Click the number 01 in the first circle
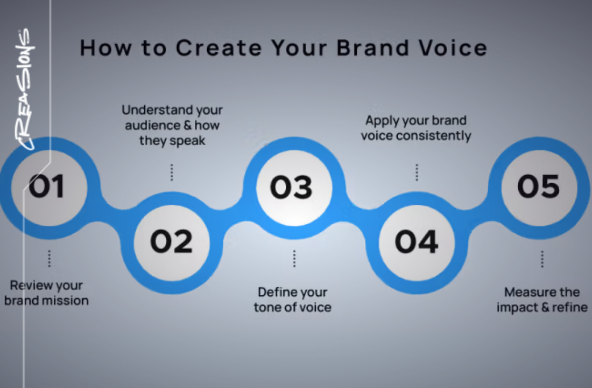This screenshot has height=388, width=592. (46, 186)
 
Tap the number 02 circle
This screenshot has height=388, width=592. (171, 241)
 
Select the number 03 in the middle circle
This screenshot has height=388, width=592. (291, 187)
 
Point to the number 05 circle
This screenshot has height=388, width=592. (538, 186)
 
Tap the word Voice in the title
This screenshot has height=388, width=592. (455, 48)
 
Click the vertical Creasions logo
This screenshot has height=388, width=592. (24, 89)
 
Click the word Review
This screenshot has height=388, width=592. (29, 285)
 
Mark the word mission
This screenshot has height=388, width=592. (65, 300)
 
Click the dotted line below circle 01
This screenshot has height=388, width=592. (49, 259)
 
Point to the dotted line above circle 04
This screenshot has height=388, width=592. (417, 172)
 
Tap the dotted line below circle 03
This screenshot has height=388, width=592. (294, 259)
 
